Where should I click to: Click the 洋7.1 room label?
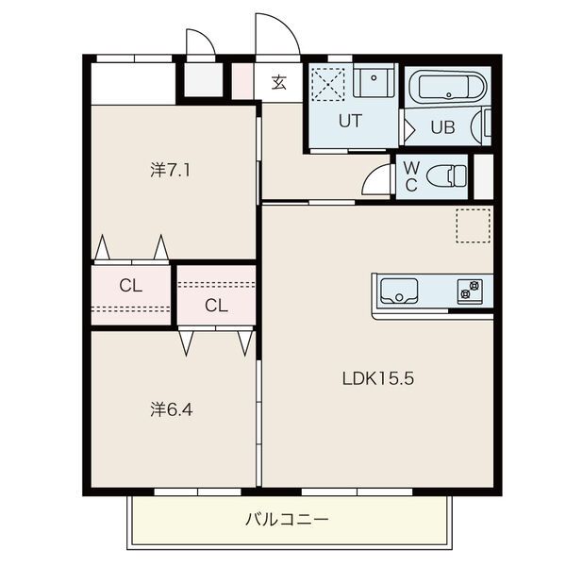pyautogui.click(x=170, y=170)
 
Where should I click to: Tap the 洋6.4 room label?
pyautogui.click(x=172, y=409)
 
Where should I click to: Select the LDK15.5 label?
pyautogui.click(x=378, y=378)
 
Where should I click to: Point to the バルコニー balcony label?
pyautogui.click(x=287, y=520)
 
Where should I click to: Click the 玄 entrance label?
pyautogui.click(x=278, y=83)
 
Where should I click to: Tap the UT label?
pyautogui.click(x=350, y=121)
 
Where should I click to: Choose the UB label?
pyautogui.click(x=443, y=127)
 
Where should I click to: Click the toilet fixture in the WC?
pyautogui.click(x=446, y=176)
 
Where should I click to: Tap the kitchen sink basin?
pyautogui.click(x=399, y=291)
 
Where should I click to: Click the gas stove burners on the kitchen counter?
pyautogui.click(x=470, y=291)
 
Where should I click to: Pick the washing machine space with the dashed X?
pyautogui.click(x=328, y=84)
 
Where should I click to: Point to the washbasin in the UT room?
pyautogui.click(x=374, y=80)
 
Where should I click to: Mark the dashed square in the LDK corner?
pyautogui.click(x=474, y=225)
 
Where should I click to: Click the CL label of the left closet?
pyautogui.click(x=130, y=286)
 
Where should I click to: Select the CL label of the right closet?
pyautogui.click(x=216, y=306)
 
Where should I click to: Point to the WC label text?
pyautogui.click(x=411, y=176)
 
